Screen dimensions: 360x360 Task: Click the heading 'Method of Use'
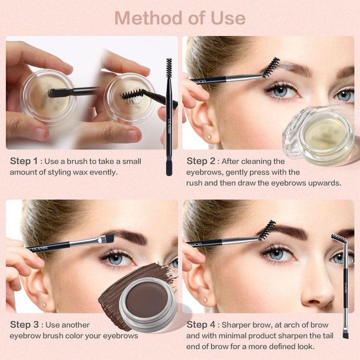tap(180, 18)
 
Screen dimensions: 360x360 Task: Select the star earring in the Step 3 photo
tap(44, 305)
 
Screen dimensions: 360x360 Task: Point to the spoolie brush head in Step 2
tap(270, 67)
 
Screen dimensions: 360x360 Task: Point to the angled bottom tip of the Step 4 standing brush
tap(346, 335)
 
